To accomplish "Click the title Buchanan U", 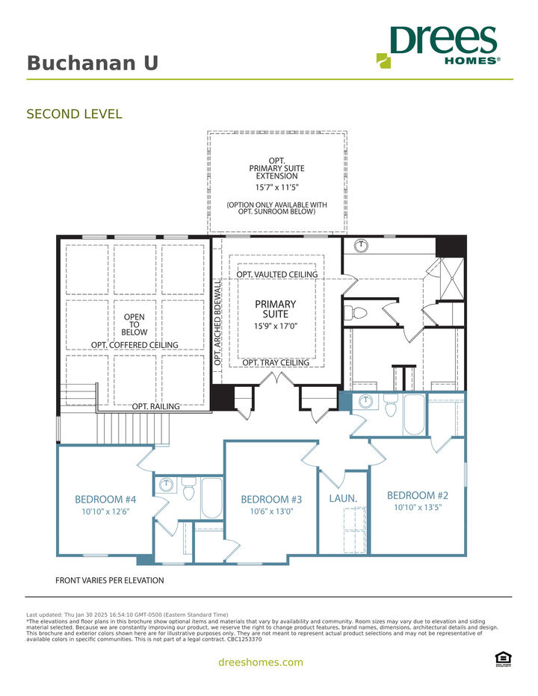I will tap(93, 63).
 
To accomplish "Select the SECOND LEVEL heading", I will tap(74, 114).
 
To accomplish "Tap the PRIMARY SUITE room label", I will tap(276, 309).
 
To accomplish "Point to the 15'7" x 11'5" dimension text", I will tap(276, 188).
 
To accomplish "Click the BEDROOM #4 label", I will tap(105, 500).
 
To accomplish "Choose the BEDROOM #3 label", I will tap(271, 500).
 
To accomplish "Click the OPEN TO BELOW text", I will tap(134, 325).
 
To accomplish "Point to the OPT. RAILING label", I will tap(155, 406).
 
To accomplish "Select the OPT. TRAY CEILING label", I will tap(276, 363).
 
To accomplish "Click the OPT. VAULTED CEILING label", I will tap(277, 275).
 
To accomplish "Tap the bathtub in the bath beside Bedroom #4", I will tap(211, 498).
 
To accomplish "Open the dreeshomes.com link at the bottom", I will tap(260, 662).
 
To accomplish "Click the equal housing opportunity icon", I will tap(504, 657).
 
